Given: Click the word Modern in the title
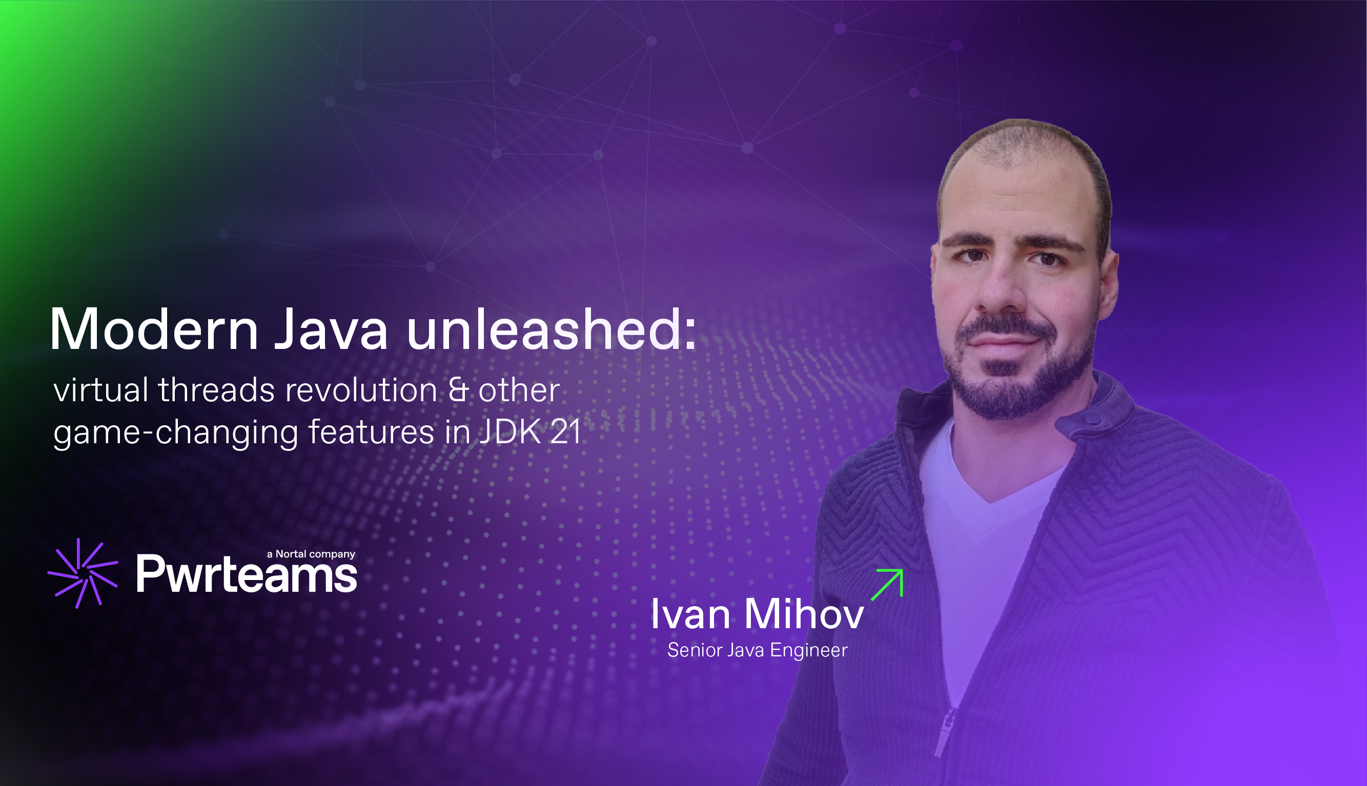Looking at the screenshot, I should (154, 329).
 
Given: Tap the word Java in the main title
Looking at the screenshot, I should (331, 329).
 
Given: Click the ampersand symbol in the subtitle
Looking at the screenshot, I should (458, 390).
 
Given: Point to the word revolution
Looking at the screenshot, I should (361, 390).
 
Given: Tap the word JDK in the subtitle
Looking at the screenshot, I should (510, 431).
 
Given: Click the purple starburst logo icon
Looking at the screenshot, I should (83, 573).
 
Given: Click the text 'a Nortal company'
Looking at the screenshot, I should (311, 554).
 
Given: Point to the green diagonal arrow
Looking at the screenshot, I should (888, 584).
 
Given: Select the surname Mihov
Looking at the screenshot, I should (804, 615).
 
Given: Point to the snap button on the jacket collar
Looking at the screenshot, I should (1092, 419).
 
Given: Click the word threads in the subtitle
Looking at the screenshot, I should (216, 390).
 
